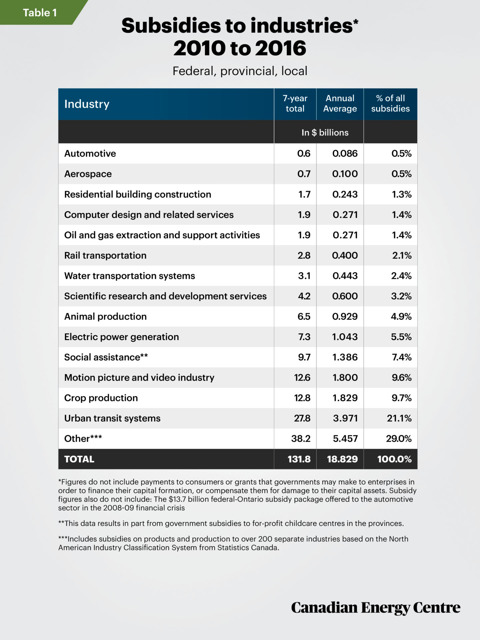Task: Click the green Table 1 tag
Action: point(39,13)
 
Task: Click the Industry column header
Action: point(87,104)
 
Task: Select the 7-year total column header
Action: point(295,103)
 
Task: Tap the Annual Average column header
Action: point(340,103)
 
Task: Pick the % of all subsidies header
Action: point(390,103)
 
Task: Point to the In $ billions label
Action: point(325,133)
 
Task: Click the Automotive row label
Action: point(90,154)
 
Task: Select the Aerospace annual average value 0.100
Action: point(345,174)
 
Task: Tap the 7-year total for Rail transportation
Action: point(304,256)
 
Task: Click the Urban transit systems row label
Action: point(112,418)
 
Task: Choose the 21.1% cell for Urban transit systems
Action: point(399,418)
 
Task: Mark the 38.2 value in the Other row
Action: point(301,439)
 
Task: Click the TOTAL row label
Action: point(79,459)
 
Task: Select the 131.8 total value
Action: point(299,459)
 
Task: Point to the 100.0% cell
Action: point(394,459)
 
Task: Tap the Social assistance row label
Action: point(106,357)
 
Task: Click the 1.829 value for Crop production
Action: point(345,398)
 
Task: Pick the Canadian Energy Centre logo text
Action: point(376,608)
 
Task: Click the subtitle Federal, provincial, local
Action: point(240,71)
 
